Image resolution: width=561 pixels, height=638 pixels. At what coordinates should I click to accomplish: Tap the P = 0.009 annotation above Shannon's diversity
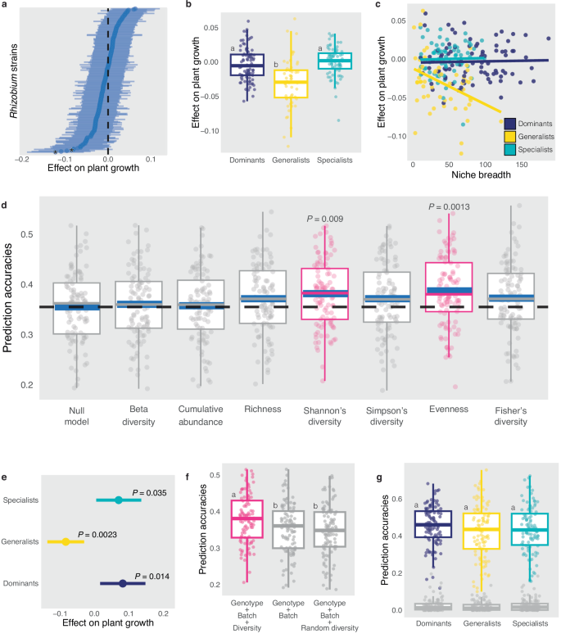tap(326, 219)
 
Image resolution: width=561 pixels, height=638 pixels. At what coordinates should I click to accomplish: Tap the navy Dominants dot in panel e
tap(122, 584)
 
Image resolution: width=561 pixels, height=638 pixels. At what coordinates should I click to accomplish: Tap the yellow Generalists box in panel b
tap(292, 84)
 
